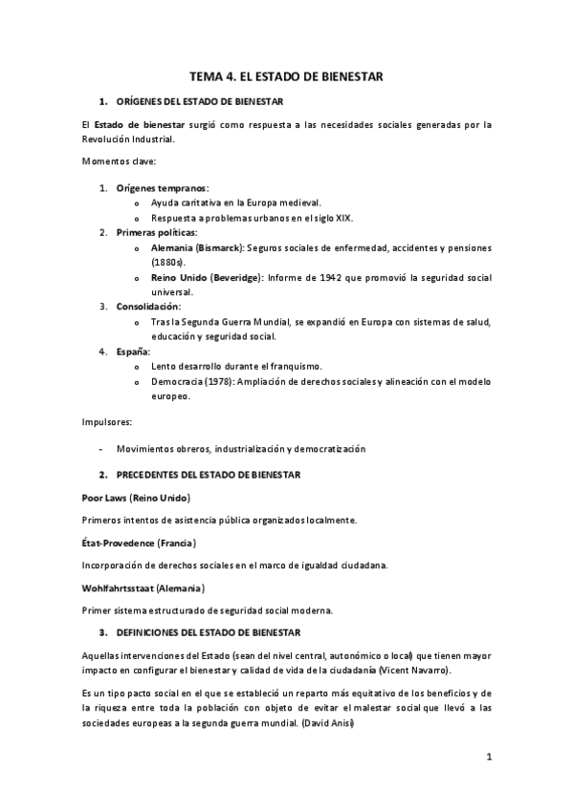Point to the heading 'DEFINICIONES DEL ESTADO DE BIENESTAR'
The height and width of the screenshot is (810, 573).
[209, 632]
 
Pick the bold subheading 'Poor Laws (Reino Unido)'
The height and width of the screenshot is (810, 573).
[137, 498]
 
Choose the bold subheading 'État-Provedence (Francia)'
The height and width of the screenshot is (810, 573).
[139, 543]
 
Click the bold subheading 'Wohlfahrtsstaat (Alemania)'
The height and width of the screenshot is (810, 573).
[143, 587]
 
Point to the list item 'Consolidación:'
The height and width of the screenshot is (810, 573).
[148, 307]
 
